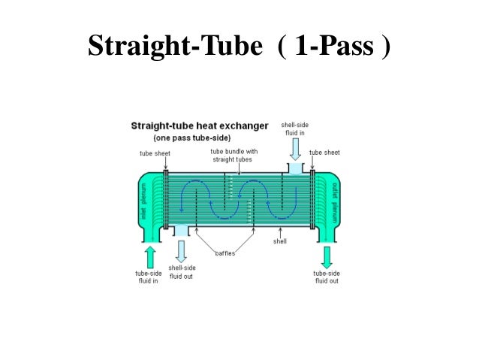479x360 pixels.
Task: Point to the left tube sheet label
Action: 155,153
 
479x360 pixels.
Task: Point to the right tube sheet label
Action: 324,153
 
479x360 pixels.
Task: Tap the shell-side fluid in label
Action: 294,128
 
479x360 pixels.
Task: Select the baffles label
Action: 225,253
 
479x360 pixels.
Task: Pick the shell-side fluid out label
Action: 182,271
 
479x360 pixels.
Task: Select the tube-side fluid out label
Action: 326,277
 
